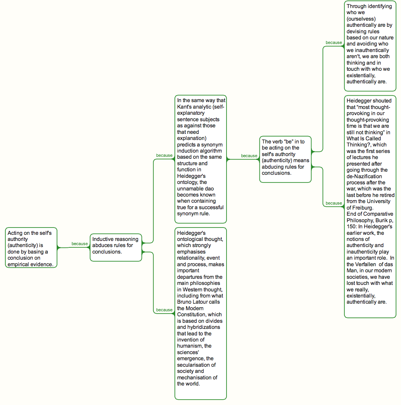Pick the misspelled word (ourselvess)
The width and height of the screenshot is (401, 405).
pos(361,19)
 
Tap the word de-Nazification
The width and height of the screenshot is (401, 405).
pos(364,176)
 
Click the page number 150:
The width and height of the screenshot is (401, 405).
pos(351,227)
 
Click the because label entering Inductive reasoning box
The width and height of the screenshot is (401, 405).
pos(80,244)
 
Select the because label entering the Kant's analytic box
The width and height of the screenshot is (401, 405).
pos(164,156)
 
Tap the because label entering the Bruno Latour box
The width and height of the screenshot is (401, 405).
pos(164,310)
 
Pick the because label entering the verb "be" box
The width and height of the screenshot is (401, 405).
pos(249,156)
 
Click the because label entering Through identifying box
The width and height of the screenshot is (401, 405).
pos(334,42)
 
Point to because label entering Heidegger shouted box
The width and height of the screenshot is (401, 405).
pos(334,203)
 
